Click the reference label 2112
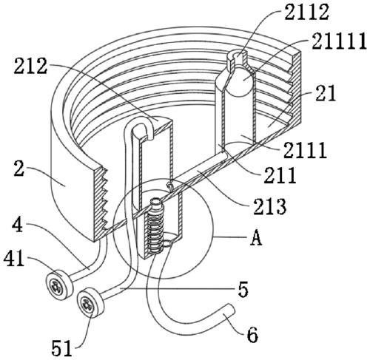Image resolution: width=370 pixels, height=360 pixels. (306, 13)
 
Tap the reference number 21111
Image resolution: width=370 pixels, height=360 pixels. (339, 41)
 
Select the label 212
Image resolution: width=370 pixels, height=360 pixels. (30, 67)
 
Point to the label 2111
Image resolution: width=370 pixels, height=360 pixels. (305, 150)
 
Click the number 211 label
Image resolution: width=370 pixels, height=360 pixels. (280, 175)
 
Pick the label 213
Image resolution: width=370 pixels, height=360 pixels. (270, 206)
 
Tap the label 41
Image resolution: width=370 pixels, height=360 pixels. (14, 259)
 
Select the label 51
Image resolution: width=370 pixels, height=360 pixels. (61, 348)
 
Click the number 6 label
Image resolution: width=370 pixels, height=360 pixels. (252, 335)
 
